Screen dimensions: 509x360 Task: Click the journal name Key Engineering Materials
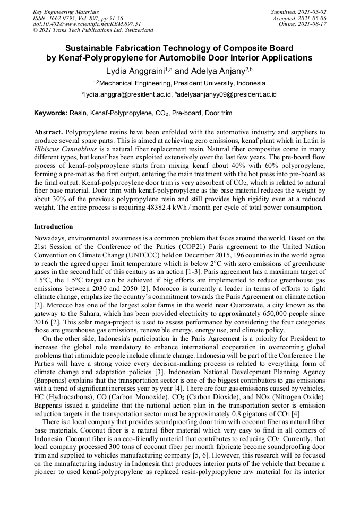[x=66, y=11]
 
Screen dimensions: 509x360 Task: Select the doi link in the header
[x=87, y=24]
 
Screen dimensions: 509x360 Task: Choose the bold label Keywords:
[x=50, y=114]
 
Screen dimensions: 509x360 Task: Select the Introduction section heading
[x=54, y=227]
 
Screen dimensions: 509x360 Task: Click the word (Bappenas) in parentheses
[x=53, y=381]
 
